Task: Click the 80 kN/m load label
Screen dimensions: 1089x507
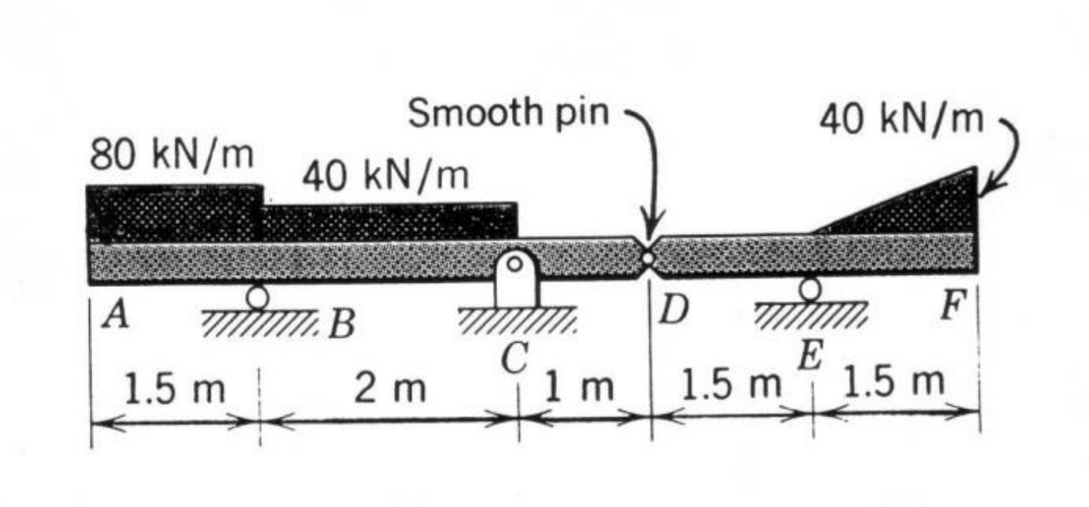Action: point(171,156)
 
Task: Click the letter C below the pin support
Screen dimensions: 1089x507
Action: point(513,358)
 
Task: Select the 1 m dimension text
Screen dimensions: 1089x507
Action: point(579,387)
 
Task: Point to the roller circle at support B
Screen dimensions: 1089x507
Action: point(257,295)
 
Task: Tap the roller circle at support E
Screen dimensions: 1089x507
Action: point(810,288)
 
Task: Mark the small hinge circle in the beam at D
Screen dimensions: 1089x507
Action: point(648,257)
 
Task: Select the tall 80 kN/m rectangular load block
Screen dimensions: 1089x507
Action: point(174,214)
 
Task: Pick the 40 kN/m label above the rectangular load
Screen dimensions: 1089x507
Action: point(385,177)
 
